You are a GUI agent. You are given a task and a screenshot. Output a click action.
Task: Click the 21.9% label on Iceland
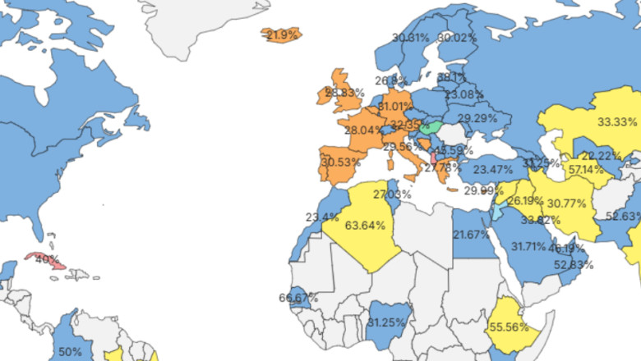click(x=281, y=35)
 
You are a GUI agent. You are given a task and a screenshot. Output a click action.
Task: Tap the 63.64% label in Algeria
click(x=366, y=225)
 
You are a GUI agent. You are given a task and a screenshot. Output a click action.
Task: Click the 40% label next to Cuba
click(x=47, y=260)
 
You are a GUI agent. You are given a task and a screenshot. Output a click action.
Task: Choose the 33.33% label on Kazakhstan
click(x=616, y=121)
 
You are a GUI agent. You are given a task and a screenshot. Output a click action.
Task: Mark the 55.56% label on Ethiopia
click(x=513, y=327)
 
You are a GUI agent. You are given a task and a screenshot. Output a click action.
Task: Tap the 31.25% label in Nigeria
click(x=386, y=322)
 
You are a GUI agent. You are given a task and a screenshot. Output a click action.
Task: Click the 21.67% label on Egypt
click(x=471, y=234)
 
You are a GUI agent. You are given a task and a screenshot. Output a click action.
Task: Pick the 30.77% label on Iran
click(x=566, y=203)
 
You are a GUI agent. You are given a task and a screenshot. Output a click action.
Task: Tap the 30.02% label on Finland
click(x=457, y=38)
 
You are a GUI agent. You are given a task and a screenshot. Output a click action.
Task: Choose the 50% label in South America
click(x=70, y=351)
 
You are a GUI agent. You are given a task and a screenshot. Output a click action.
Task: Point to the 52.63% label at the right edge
click(x=623, y=217)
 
